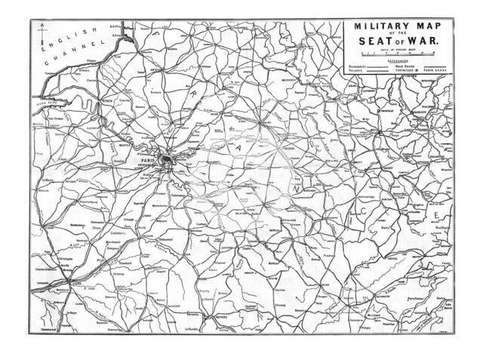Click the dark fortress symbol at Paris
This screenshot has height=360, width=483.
pyautogui.click(x=172, y=157)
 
